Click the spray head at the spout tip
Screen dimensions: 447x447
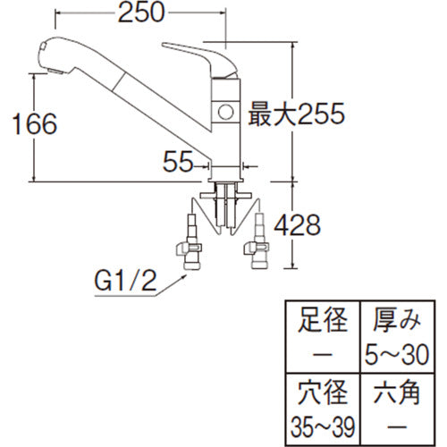click(x=51, y=55)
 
